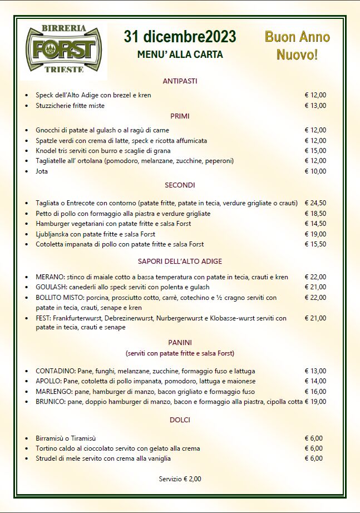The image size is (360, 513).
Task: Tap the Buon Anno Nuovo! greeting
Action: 297,46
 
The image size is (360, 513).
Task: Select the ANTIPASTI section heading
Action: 180,81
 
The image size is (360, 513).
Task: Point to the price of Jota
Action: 315,171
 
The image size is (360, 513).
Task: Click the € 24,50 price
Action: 315,203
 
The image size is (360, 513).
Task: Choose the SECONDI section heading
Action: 180,185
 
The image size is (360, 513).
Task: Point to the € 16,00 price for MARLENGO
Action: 315,391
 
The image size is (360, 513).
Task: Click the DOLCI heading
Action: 180,420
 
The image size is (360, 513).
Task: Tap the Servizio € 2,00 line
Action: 180,479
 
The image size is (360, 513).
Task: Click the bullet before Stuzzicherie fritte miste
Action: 26,106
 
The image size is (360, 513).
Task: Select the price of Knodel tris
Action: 315,151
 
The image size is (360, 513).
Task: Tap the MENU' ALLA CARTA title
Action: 180,55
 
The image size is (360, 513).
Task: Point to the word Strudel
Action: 47,458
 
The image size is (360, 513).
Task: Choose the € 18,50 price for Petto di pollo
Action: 315,214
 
